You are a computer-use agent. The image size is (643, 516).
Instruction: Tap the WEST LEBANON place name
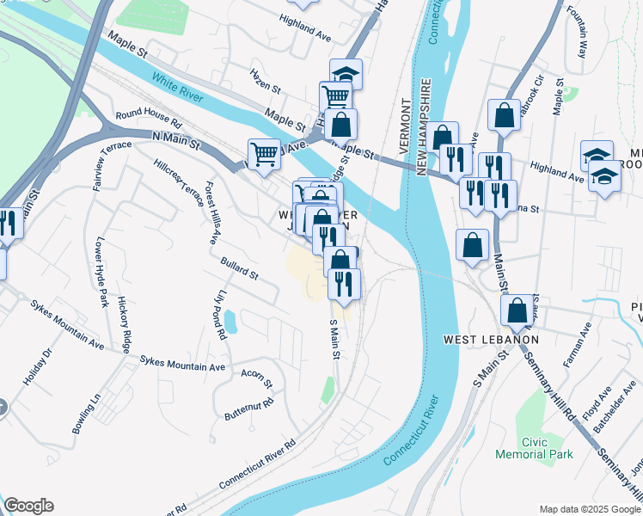pos(491,340)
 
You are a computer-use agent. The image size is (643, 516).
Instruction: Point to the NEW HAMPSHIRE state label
pos(424,129)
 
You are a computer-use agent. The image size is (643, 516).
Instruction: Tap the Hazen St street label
pos(265,83)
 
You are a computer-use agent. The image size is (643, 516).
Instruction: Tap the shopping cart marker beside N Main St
pos(264,154)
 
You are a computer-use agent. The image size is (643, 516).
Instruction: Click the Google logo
pos(28,506)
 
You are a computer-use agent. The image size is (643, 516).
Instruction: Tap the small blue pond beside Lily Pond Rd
pos(230,322)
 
